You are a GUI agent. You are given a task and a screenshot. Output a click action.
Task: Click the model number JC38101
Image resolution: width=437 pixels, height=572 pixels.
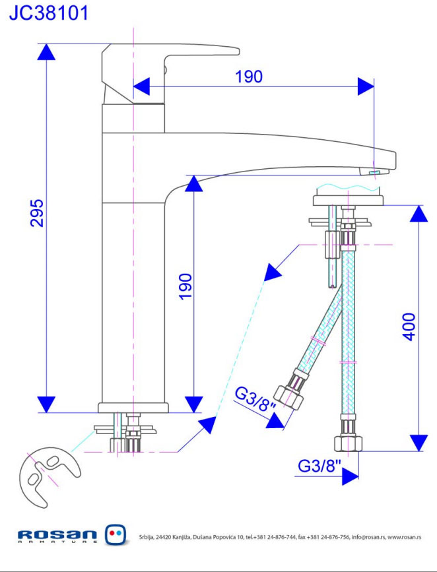48,13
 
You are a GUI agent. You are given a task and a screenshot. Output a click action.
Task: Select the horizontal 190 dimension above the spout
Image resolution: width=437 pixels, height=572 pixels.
249,77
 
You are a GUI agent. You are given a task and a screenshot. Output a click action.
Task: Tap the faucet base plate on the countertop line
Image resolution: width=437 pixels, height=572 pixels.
134,407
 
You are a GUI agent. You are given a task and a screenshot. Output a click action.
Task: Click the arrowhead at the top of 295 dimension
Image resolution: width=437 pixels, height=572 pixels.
46,53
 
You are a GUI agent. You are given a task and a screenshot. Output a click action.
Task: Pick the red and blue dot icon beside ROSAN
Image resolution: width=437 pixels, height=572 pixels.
116,534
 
